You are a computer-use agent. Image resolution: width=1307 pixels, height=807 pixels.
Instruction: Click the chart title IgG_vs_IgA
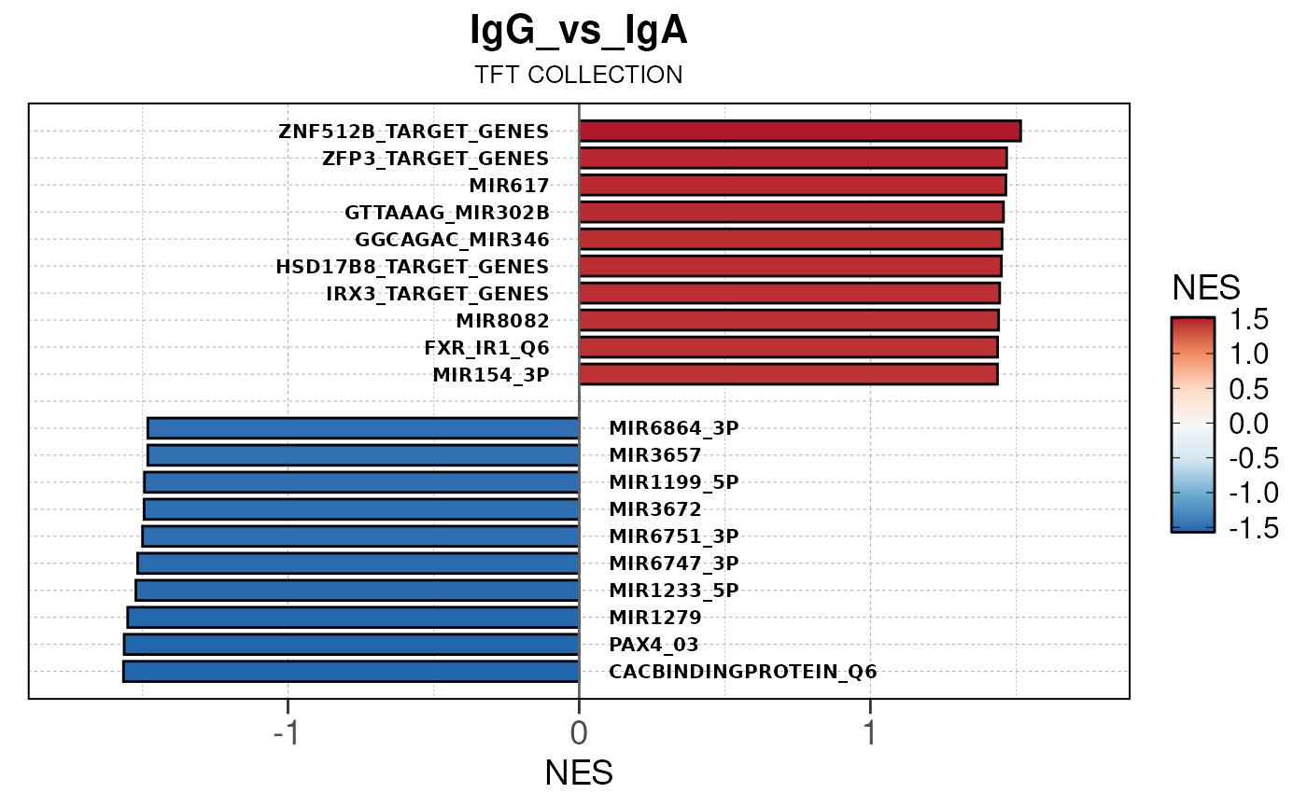point(579,33)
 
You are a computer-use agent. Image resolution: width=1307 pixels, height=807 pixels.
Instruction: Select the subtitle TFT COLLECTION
point(579,76)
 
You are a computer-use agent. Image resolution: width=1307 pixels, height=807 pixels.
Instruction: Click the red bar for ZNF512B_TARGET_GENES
point(799,131)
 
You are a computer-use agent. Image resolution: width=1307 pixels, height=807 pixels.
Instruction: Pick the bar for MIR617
point(792,185)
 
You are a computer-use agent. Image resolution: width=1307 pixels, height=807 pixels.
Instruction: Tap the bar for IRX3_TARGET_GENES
point(789,293)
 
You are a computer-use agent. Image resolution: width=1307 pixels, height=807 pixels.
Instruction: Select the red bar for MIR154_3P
point(788,374)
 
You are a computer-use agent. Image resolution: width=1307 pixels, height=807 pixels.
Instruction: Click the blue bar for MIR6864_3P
point(364,428)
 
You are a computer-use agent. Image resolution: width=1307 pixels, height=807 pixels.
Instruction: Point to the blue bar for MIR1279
point(354,618)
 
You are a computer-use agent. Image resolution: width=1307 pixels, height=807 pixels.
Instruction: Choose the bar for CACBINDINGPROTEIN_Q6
point(351,672)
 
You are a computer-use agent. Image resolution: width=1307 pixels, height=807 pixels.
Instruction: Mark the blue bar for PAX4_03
point(352,645)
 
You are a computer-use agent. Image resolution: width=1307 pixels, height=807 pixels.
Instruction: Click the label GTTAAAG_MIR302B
point(446,212)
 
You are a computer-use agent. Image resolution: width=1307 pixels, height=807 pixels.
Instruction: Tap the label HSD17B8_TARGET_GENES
point(413,267)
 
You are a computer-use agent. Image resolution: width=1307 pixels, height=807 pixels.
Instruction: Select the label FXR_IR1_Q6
point(486,348)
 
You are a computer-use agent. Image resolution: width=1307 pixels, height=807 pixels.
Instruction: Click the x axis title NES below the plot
point(579,773)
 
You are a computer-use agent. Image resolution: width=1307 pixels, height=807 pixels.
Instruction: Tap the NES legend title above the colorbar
point(1206,287)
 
